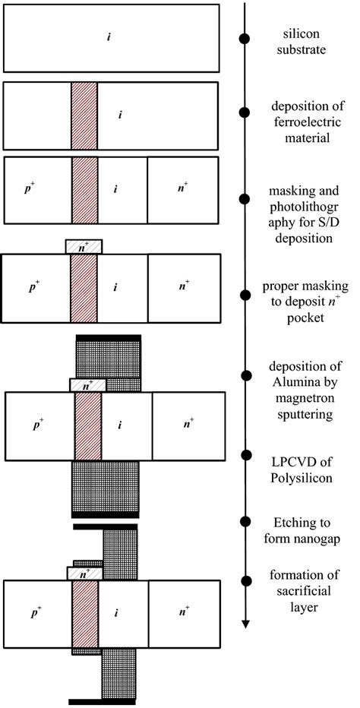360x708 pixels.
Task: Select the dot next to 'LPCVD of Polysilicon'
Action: click(245, 455)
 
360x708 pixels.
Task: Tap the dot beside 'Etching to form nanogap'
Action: click(245, 521)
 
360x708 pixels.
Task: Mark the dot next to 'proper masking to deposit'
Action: click(245, 294)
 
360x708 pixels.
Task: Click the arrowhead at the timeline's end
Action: click(245, 624)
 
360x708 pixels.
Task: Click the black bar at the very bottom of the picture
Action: click(102, 700)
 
